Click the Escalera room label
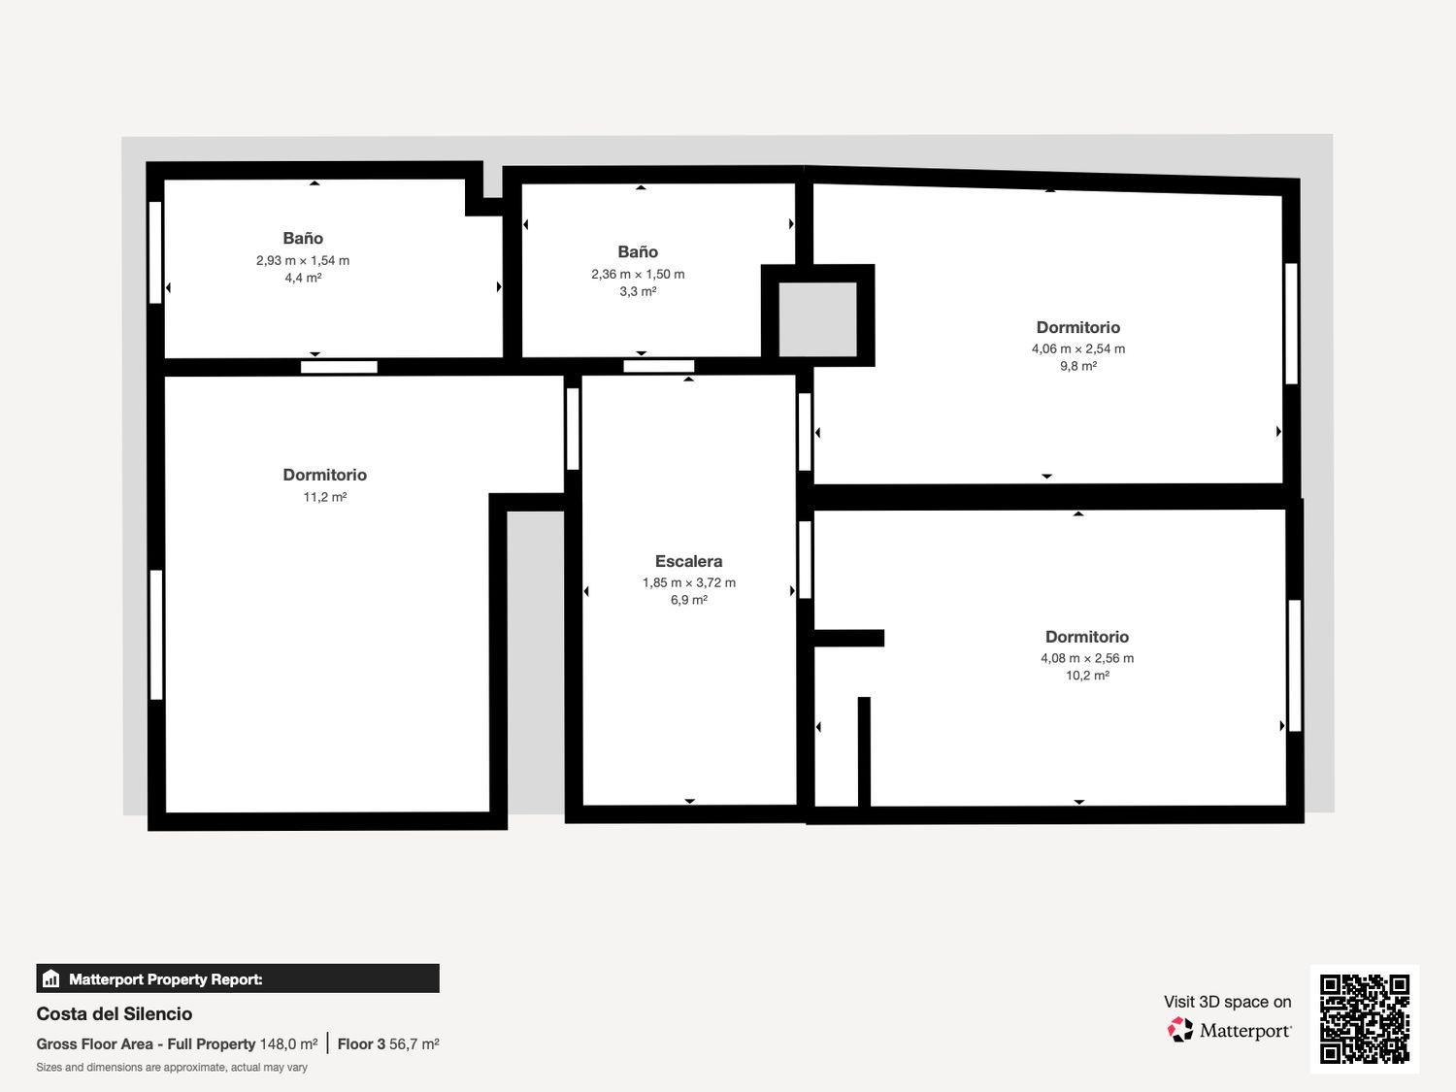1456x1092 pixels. click(688, 561)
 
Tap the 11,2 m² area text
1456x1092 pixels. click(325, 497)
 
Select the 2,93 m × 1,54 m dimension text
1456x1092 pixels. click(303, 260)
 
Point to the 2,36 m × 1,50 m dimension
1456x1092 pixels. click(638, 274)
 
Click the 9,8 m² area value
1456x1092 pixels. click(1077, 366)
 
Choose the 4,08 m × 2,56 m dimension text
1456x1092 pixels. click(1086, 658)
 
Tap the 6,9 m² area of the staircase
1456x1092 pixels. click(688, 600)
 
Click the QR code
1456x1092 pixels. click(1365, 1019)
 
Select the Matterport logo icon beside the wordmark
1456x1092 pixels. click(1180, 1030)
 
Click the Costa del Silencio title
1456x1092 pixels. click(115, 1013)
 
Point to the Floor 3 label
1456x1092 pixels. click(361, 1044)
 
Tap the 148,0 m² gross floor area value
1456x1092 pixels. click(288, 1044)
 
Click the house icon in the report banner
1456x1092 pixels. click(51, 978)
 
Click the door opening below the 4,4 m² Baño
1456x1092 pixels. click(339, 367)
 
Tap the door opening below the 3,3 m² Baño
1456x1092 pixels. click(659, 366)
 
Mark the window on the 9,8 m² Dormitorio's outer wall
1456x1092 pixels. click(1291, 323)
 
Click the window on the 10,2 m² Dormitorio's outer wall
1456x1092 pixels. click(1295, 666)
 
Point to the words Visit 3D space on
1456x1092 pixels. click(1227, 1002)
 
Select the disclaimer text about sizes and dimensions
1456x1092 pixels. click(172, 1068)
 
